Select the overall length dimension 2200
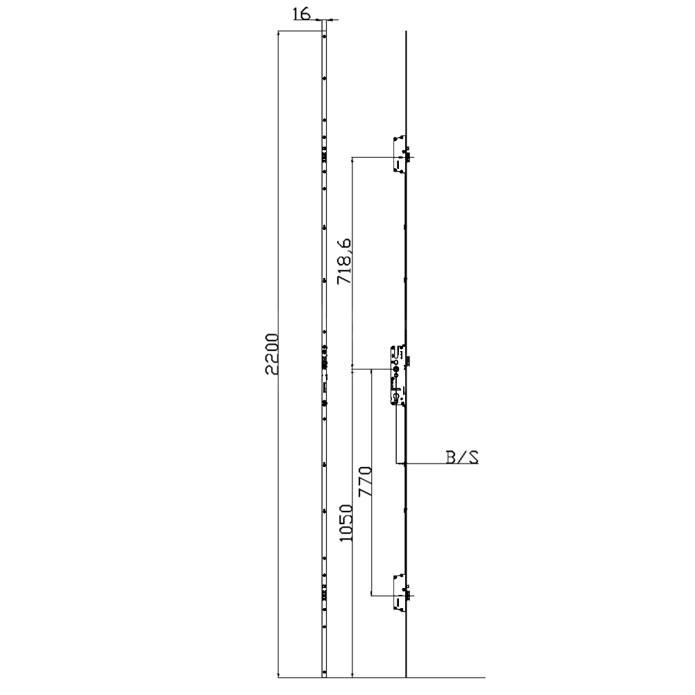click(x=273, y=354)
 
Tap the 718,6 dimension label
click(x=343, y=261)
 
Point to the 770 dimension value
click(x=364, y=481)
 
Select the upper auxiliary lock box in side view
click(x=398, y=154)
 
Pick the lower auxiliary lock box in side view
click(x=398, y=591)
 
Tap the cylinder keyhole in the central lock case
click(x=395, y=397)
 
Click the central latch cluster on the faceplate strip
click(x=324, y=363)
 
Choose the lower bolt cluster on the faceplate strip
click(x=324, y=591)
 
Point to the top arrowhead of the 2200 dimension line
click(x=278, y=33)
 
